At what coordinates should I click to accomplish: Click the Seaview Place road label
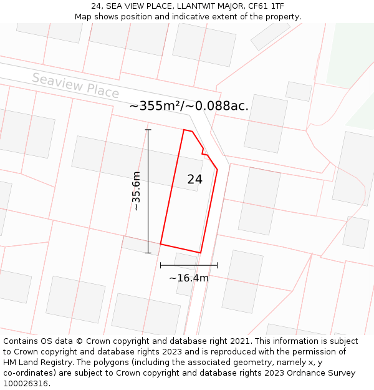(75, 85)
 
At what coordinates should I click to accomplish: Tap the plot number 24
(194, 179)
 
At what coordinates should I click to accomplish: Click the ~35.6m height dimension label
(137, 191)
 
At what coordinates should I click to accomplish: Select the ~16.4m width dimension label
(189, 278)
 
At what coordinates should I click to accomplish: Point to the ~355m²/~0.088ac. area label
(189, 106)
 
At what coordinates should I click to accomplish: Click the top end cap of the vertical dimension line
(148, 130)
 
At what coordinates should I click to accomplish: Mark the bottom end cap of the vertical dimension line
(148, 253)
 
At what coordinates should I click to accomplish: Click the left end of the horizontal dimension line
(161, 265)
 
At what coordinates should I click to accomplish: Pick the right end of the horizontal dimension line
(218, 265)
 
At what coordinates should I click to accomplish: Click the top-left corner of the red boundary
(184, 130)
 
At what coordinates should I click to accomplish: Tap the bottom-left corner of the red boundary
(161, 244)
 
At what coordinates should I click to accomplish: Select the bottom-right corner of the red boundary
(201, 253)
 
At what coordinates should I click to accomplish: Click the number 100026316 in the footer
(26, 384)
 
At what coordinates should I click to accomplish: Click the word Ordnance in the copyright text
(298, 373)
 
